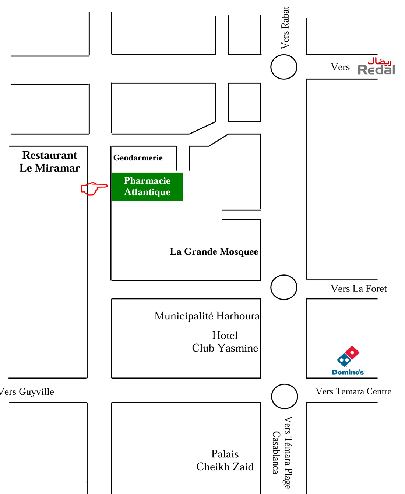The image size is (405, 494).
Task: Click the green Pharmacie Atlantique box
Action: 147,187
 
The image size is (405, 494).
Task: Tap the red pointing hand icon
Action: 94,188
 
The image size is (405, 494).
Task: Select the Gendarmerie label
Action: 138,158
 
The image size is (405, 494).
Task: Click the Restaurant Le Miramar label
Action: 50,161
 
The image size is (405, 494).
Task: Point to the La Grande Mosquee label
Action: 214,252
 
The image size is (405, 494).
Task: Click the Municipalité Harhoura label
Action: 207,316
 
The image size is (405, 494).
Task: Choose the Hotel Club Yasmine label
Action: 225,342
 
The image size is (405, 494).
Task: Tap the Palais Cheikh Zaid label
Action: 225,460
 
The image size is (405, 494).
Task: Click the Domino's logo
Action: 348,360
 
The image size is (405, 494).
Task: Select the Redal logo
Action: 377,66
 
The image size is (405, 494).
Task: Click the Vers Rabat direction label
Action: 285,28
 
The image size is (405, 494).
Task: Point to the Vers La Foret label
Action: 359,289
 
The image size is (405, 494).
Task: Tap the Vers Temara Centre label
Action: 353,391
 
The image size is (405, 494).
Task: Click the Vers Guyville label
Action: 27,392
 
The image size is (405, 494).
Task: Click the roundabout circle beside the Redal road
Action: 284,67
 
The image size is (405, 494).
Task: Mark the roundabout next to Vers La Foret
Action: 284,287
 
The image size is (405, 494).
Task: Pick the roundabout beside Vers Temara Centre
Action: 285,396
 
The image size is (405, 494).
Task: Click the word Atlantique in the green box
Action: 147,192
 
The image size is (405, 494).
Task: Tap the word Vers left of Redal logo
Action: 340,67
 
